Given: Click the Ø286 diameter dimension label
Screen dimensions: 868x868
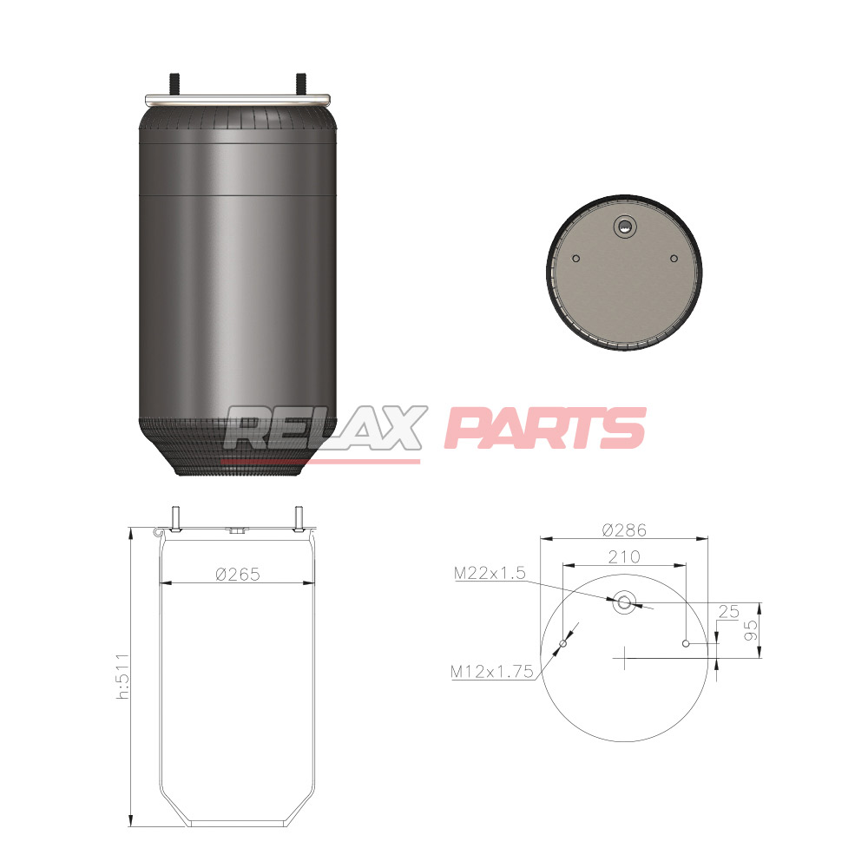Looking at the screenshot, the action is pos(624,529).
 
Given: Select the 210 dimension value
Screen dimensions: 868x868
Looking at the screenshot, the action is pos(624,556).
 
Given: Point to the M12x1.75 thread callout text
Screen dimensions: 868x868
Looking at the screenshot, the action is pos(491,672).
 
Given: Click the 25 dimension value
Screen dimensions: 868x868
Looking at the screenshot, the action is pos(728,611).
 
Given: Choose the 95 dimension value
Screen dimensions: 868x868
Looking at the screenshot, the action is pos(751,630).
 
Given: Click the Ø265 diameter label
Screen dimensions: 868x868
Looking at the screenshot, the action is pos(238,574).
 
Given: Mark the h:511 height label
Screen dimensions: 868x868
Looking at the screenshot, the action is pos(123,676).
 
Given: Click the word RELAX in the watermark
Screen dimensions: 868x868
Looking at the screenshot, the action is pos(325,427).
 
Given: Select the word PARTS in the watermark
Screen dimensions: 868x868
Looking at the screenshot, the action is pos(545,427).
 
